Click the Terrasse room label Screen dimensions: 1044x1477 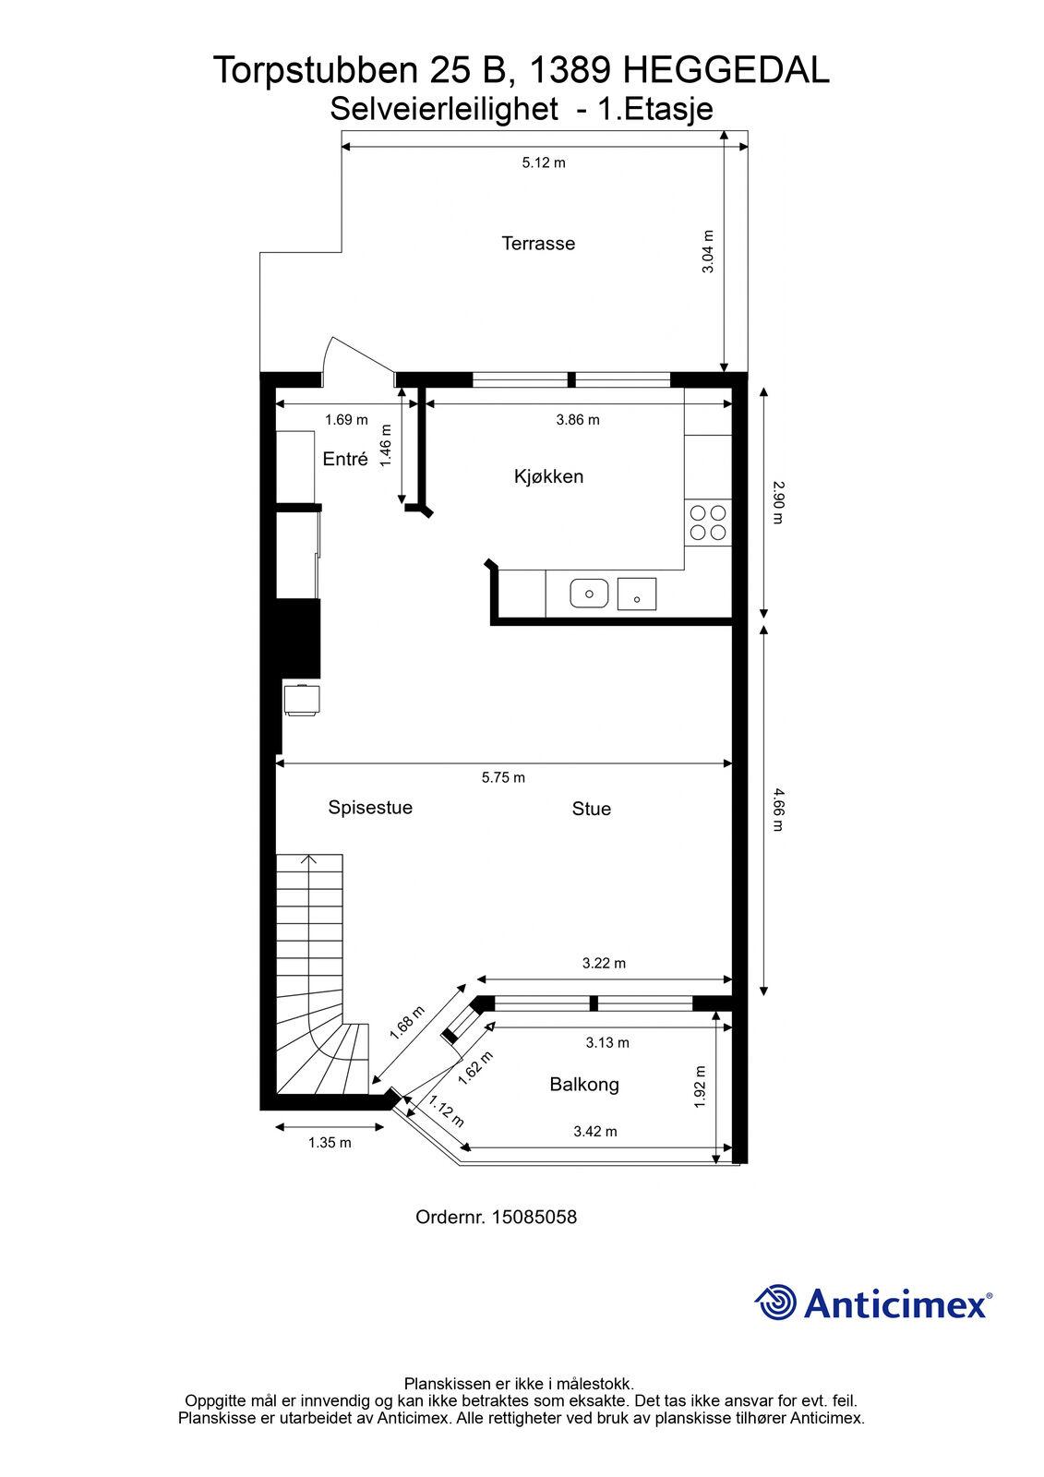[x=538, y=244]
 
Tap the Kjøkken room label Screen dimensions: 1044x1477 [x=548, y=476]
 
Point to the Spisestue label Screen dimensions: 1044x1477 [x=370, y=807]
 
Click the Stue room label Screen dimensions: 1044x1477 [x=591, y=809]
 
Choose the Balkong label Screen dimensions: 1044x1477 [x=584, y=1085]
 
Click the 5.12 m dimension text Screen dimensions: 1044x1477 [x=544, y=162]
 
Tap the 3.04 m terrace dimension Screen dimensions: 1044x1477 [x=707, y=251]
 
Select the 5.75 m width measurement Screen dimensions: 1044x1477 [x=503, y=777]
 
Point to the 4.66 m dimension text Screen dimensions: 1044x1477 [x=778, y=810]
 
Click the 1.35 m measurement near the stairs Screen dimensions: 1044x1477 [x=330, y=1143]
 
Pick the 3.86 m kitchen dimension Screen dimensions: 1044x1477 [x=578, y=419]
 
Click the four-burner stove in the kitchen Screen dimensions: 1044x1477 [x=708, y=522]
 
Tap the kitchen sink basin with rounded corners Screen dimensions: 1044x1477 [x=589, y=593]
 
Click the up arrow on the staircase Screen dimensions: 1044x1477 [x=308, y=859]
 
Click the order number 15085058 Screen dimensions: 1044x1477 [x=534, y=1217]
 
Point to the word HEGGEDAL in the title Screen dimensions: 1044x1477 [x=726, y=70]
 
